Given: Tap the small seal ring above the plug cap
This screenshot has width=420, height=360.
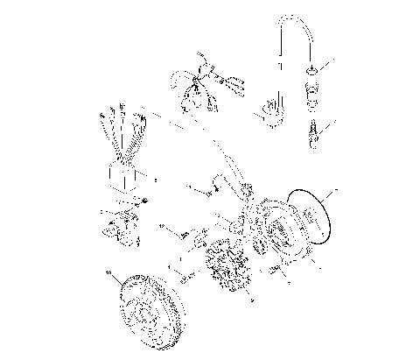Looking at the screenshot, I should (312, 68).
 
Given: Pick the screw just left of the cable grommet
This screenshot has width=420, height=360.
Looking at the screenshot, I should (205, 190).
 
